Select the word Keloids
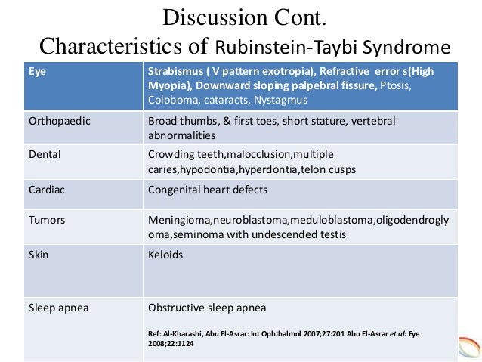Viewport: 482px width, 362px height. pos(165,255)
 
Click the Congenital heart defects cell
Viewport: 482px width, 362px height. pos(207,189)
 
